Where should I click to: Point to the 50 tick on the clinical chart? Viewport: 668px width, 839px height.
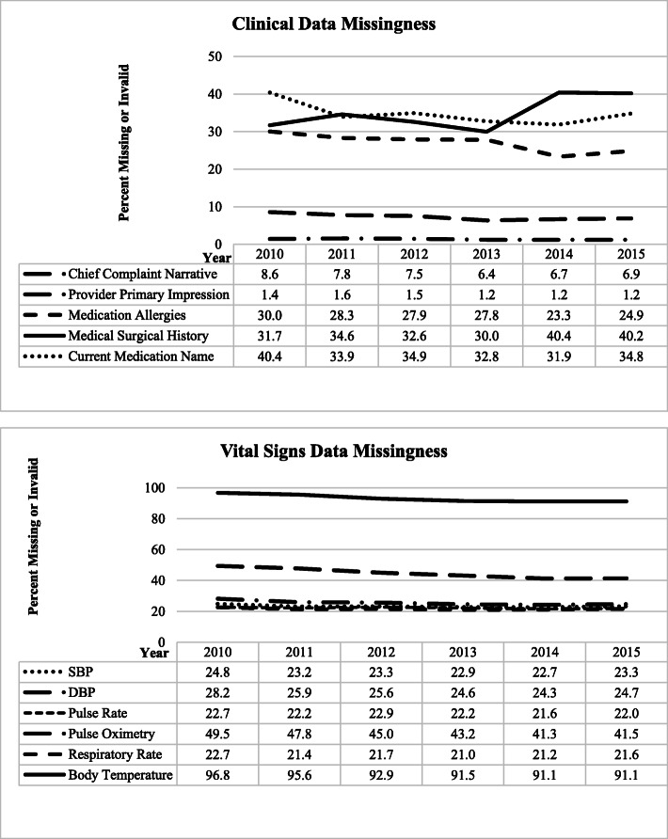[x=215, y=56]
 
